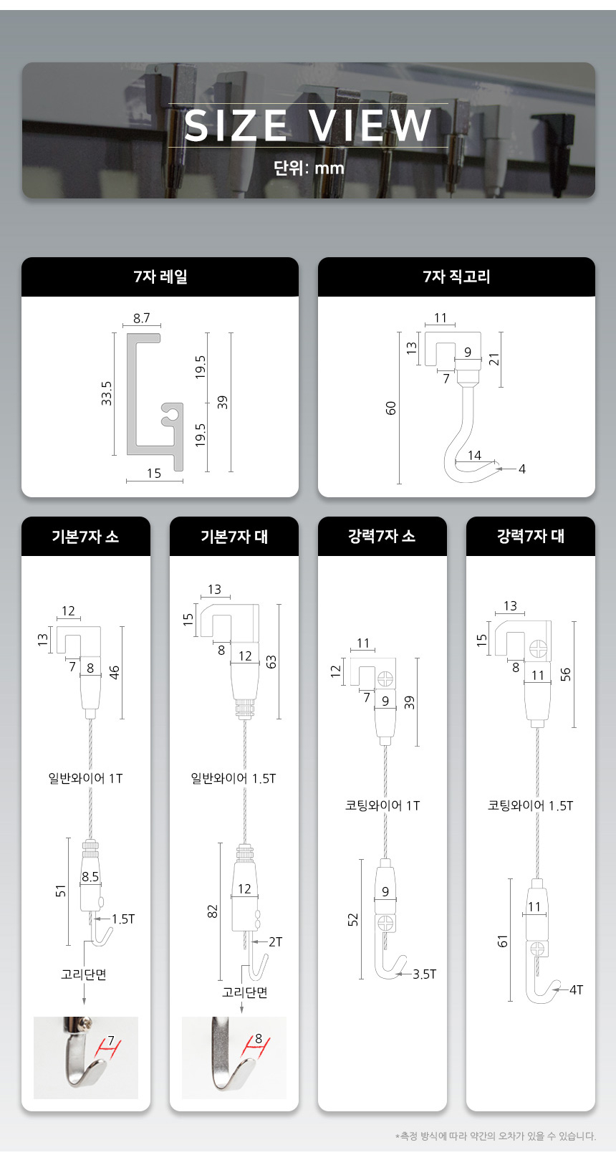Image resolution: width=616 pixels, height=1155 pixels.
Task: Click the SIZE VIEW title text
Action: coord(308,125)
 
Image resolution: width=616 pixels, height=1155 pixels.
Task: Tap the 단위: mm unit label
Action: coord(308,168)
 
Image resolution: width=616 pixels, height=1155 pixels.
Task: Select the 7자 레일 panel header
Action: coord(160,277)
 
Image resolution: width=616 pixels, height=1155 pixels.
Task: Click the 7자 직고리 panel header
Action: coord(456,277)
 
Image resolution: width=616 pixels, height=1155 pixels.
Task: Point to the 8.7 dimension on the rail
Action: coord(142,317)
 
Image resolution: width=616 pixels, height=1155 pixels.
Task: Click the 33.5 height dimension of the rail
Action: coord(106,393)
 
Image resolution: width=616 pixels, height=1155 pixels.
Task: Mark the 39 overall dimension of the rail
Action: coord(222,402)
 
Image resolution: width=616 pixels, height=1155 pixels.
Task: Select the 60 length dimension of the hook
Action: coord(391,408)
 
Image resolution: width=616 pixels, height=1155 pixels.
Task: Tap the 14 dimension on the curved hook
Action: coord(474,455)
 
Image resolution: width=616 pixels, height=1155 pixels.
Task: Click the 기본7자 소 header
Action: coord(85,536)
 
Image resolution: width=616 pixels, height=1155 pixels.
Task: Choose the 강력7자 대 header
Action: coord(531,536)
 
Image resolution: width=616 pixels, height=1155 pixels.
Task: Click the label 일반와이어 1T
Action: coord(85,778)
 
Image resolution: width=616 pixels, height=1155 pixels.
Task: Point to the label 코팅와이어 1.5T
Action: coord(531,805)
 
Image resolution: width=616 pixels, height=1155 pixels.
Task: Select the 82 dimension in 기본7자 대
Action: coord(213,911)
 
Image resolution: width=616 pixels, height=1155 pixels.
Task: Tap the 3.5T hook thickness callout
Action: coord(424,974)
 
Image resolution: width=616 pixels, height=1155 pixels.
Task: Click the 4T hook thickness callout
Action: coord(576,989)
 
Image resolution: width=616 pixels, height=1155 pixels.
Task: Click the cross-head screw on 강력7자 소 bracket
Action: coord(385,679)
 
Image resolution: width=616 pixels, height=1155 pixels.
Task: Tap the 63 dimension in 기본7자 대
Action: coord(271,662)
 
